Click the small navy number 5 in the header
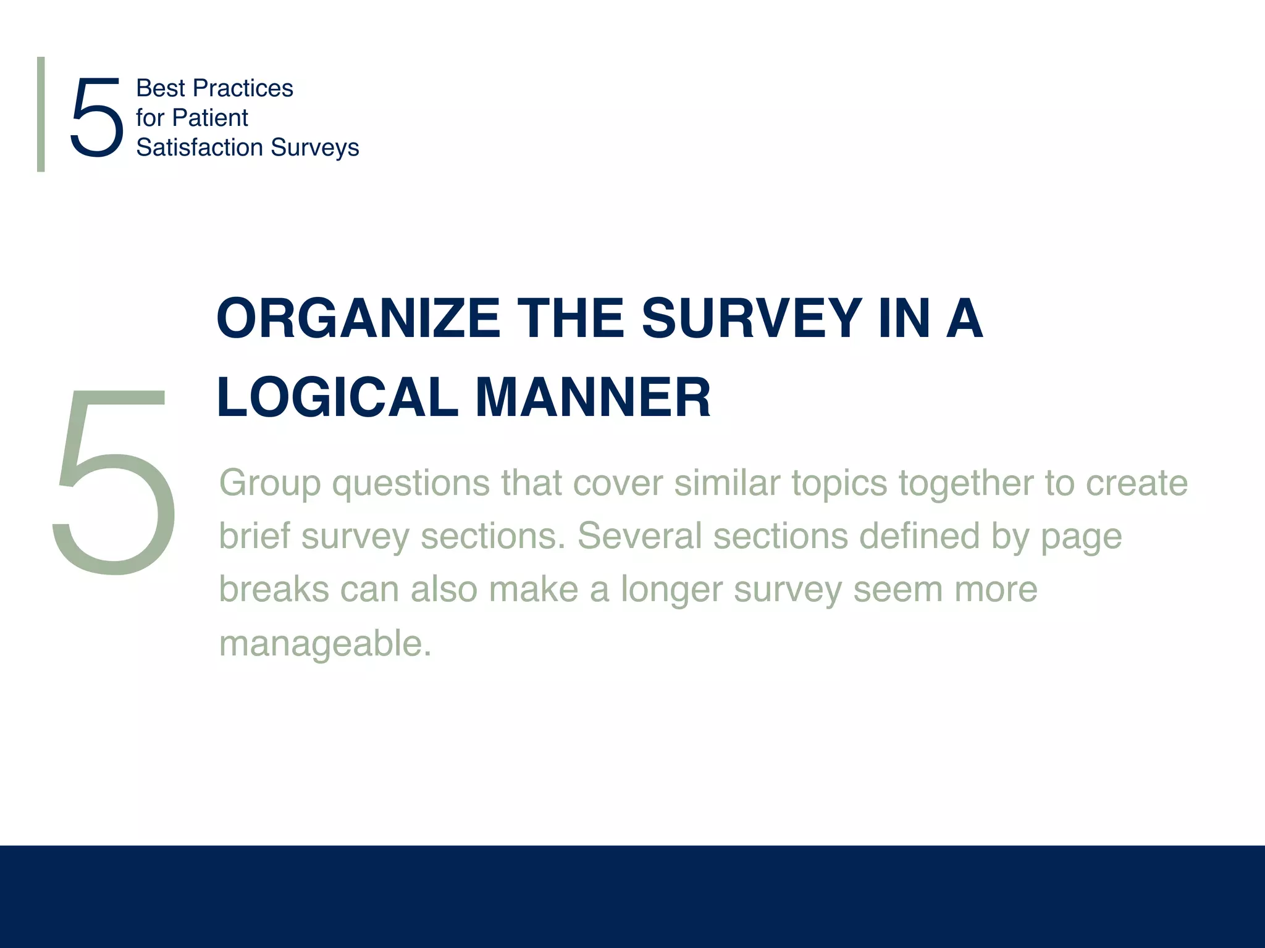coord(96,117)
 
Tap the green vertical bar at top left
coord(41,114)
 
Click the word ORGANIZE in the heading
coord(358,318)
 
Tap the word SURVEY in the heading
coord(751,318)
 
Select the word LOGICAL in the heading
coord(337,397)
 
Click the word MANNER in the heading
coord(593,397)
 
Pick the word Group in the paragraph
coord(270,483)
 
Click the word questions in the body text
coord(411,483)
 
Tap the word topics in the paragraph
coord(839,483)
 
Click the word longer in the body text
coord(671,590)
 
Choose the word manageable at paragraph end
coord(325,644)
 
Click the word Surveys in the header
coord(314,148)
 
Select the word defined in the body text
coord(919,536)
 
